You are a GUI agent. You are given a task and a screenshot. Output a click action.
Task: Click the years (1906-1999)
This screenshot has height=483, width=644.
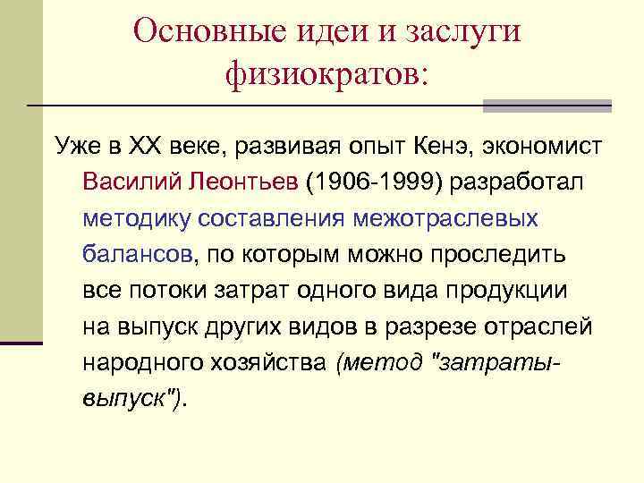tap(375, 182)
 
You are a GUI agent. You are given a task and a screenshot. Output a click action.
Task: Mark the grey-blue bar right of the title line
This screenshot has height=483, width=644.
tap(547, 106)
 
